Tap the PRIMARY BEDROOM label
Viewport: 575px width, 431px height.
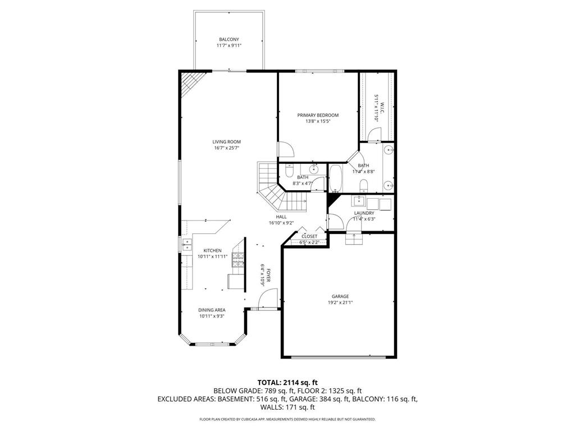[318, 115]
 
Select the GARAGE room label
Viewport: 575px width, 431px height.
[340, 296]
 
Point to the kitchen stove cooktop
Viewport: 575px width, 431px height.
[238, 259]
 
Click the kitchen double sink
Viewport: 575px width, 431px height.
[186, 245]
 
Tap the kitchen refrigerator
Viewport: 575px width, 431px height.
[235, 281]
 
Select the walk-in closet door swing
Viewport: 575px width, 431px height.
[375, 135]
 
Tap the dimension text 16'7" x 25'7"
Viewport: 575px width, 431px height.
[226, 148]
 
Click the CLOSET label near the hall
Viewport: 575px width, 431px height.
[309, 236]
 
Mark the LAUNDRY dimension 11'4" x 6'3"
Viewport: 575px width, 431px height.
[364, 219]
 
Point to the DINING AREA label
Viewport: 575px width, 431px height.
[212, 310]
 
